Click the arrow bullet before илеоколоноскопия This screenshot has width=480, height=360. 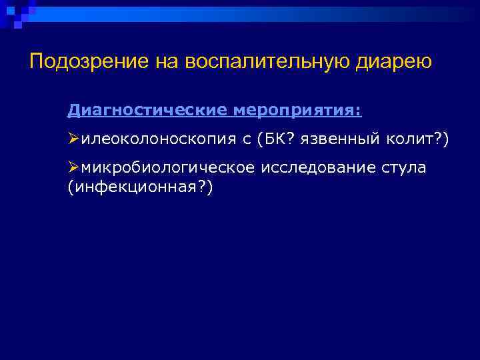[74, 139]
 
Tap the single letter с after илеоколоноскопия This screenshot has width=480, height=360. [247, 139]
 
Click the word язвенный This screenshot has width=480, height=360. [340, 139]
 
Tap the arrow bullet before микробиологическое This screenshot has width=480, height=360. [74, 168]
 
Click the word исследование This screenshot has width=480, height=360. [308, 168]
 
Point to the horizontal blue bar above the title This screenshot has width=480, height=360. [253, 14]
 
